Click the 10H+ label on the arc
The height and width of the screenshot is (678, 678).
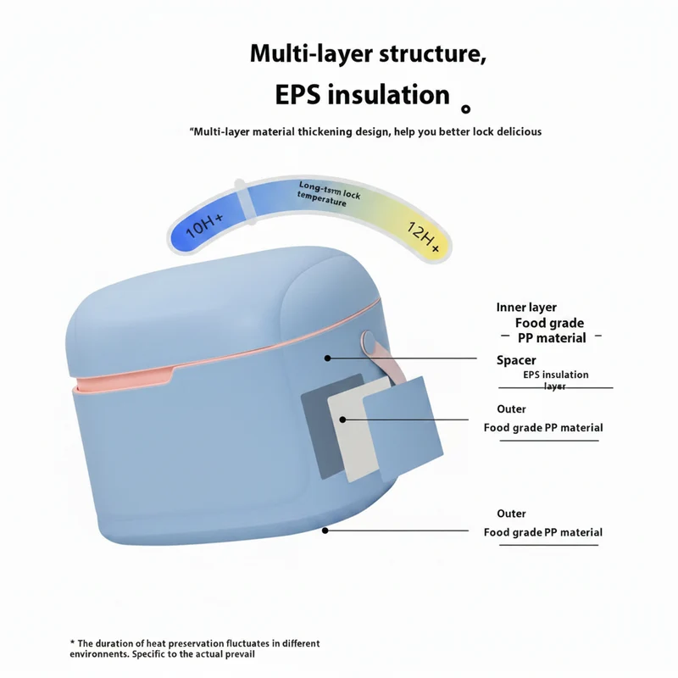coord(204,225)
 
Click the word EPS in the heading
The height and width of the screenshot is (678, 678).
coord(297,95)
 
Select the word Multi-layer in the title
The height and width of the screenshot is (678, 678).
coord(311,53)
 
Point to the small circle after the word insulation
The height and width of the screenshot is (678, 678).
coord(465,109)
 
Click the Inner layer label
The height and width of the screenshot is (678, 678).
coord(526,308)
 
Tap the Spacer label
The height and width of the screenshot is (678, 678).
coord(516,360)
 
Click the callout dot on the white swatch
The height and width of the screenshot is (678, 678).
coord(342,420)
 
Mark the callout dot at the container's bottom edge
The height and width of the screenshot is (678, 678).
coord(325,531)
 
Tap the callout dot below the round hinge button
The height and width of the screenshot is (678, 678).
coord(327,358)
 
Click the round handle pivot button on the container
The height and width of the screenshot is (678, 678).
coord(368,341)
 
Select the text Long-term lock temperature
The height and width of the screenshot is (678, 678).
coord(329,194)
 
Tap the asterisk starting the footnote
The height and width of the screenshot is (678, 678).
coord(72,642)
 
